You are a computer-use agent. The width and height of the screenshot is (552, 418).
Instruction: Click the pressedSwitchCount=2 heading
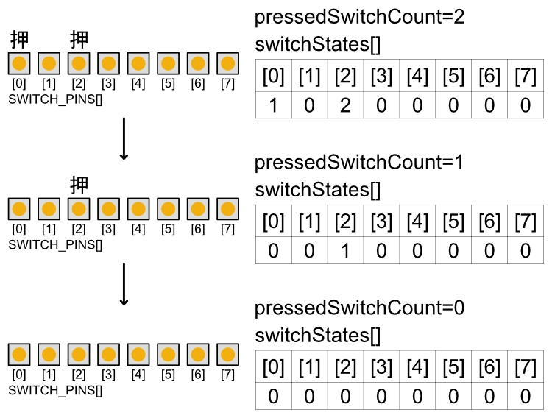pos(359,17)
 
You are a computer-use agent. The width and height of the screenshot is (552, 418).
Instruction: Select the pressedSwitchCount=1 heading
pos(359,162)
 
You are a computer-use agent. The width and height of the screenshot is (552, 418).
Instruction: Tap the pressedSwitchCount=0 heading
pos(359,308)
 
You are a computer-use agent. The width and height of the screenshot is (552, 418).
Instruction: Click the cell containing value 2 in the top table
pos(345,105)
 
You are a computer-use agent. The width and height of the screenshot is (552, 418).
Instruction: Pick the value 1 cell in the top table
pos(273,105)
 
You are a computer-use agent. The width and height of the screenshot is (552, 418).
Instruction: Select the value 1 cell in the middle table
pos(345,250)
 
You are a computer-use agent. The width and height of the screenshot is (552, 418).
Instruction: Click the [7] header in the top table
pos(526,76)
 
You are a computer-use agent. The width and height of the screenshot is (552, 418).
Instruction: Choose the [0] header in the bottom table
pos(273,366)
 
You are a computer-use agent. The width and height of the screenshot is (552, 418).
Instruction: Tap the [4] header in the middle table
pos(417,221)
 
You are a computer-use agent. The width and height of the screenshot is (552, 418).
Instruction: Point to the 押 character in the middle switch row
pos(79,184)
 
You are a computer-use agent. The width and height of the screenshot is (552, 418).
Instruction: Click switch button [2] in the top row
pos(79,63)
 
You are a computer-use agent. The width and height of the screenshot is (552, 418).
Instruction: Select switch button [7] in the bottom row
pos(227,355)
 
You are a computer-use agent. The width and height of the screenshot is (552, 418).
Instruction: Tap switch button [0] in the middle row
pos(20,209)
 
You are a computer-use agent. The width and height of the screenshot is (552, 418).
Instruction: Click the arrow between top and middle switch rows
pos(124,138)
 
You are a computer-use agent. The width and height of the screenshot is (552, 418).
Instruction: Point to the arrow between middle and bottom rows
pos(124,284)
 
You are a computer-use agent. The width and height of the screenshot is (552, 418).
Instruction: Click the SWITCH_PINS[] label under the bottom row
pos(54,389)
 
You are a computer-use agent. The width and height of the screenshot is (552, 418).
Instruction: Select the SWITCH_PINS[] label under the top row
pos(54,97)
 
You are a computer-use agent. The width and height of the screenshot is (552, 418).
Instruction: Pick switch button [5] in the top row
pos(168,63)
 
